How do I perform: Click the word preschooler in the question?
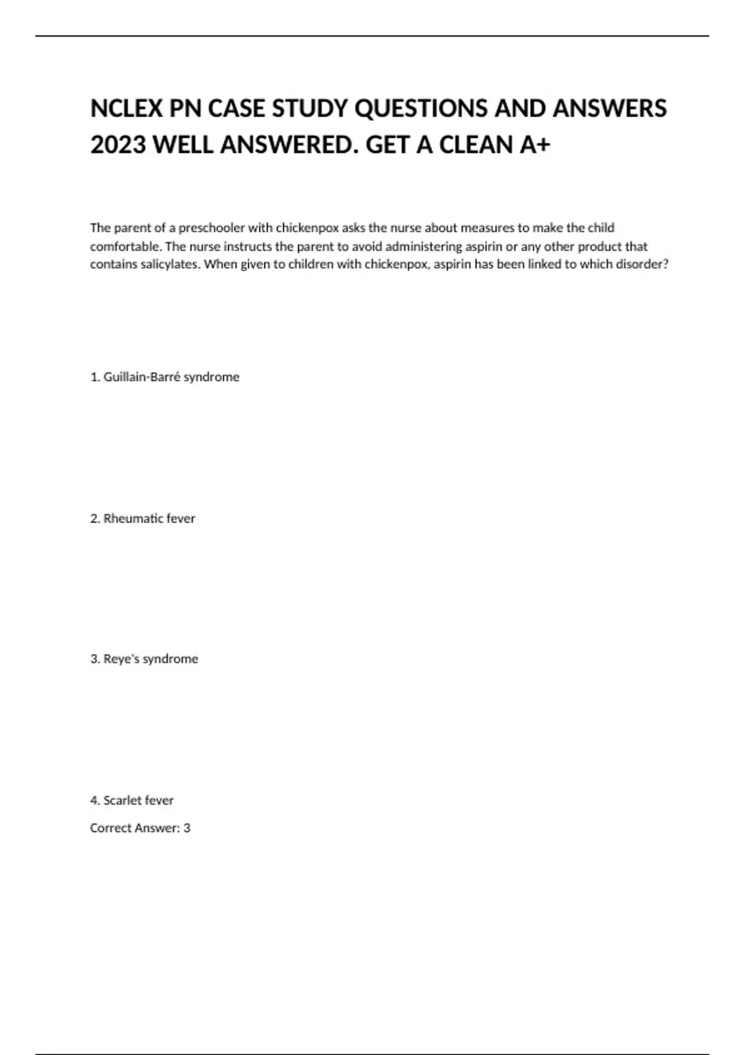tap(211, 228)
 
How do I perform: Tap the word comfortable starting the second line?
tap(125, 246)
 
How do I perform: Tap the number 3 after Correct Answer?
tap(187, 828)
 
